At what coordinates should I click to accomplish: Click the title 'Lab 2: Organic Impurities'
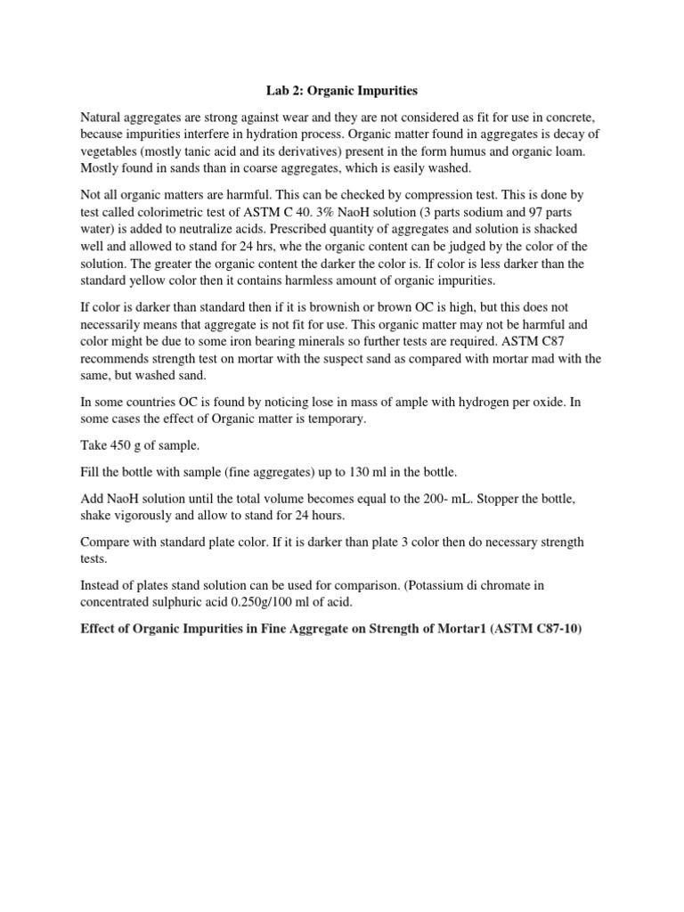343,90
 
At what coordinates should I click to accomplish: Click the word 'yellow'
159,280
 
